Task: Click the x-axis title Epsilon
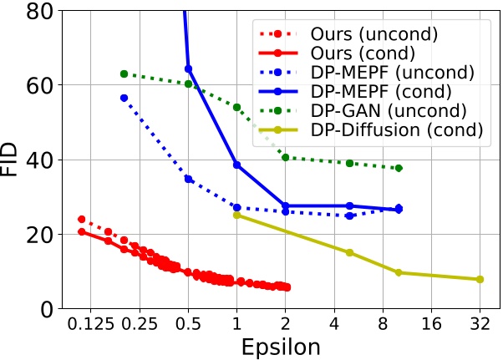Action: [277, 346]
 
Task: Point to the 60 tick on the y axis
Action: [43, 85]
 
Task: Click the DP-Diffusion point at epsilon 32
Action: [480, 279]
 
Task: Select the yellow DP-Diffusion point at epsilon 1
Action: [236, 215]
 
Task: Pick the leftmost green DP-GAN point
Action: [124, 74]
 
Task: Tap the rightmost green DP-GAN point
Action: [398, 168]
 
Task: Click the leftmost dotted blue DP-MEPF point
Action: [124, 98]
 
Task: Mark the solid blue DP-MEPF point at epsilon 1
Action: [236, 165]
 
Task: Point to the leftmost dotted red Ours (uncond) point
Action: [81, 219]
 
